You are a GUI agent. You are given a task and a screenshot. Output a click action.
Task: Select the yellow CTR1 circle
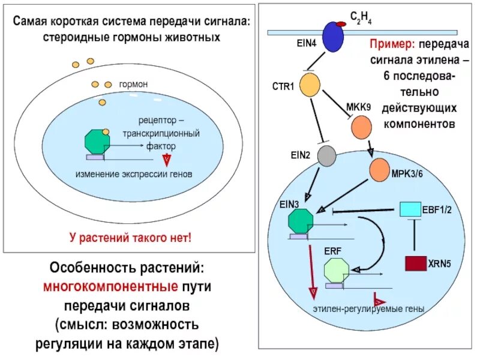click(x=310, y=86)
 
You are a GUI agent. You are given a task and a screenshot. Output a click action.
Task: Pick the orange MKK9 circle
click(x=361, y=126)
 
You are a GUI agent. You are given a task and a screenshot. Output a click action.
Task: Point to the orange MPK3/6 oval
click(x=379, y=170)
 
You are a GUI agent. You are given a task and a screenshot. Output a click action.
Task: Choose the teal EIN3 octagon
click(x=301, y=221)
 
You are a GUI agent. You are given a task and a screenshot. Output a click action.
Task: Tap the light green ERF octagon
click(x=336, y=271)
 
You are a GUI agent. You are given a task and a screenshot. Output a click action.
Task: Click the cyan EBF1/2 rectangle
click(x=410, y=209)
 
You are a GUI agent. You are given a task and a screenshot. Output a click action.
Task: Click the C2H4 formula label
click(x=361, y=17)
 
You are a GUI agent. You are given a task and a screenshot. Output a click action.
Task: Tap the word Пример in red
click(x=392, y=44)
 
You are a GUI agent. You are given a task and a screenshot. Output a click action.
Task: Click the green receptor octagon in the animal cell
click(x=98, y=142)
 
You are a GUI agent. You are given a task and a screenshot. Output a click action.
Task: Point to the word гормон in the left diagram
click(x=133, y=85)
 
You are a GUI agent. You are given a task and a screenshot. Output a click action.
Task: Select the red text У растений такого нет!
click(x=130, y=238)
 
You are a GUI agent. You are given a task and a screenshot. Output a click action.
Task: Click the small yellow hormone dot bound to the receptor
click(x=106, y=131)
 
